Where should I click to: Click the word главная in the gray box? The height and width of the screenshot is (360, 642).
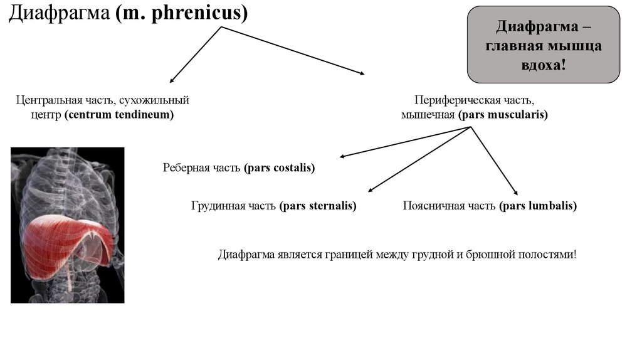point(515,46)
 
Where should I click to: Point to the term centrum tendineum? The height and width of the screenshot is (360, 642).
point(118,115)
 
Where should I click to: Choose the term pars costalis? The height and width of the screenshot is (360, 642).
point(280,168)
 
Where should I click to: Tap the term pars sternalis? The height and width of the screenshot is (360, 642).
point(318,206)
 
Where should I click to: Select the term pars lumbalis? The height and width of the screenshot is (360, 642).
point(538,206)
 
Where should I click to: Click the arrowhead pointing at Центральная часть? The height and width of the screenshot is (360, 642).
point(172,80)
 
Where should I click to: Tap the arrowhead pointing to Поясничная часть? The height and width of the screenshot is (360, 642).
point(515,194)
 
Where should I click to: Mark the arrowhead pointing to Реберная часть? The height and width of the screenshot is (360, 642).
point(341,157)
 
